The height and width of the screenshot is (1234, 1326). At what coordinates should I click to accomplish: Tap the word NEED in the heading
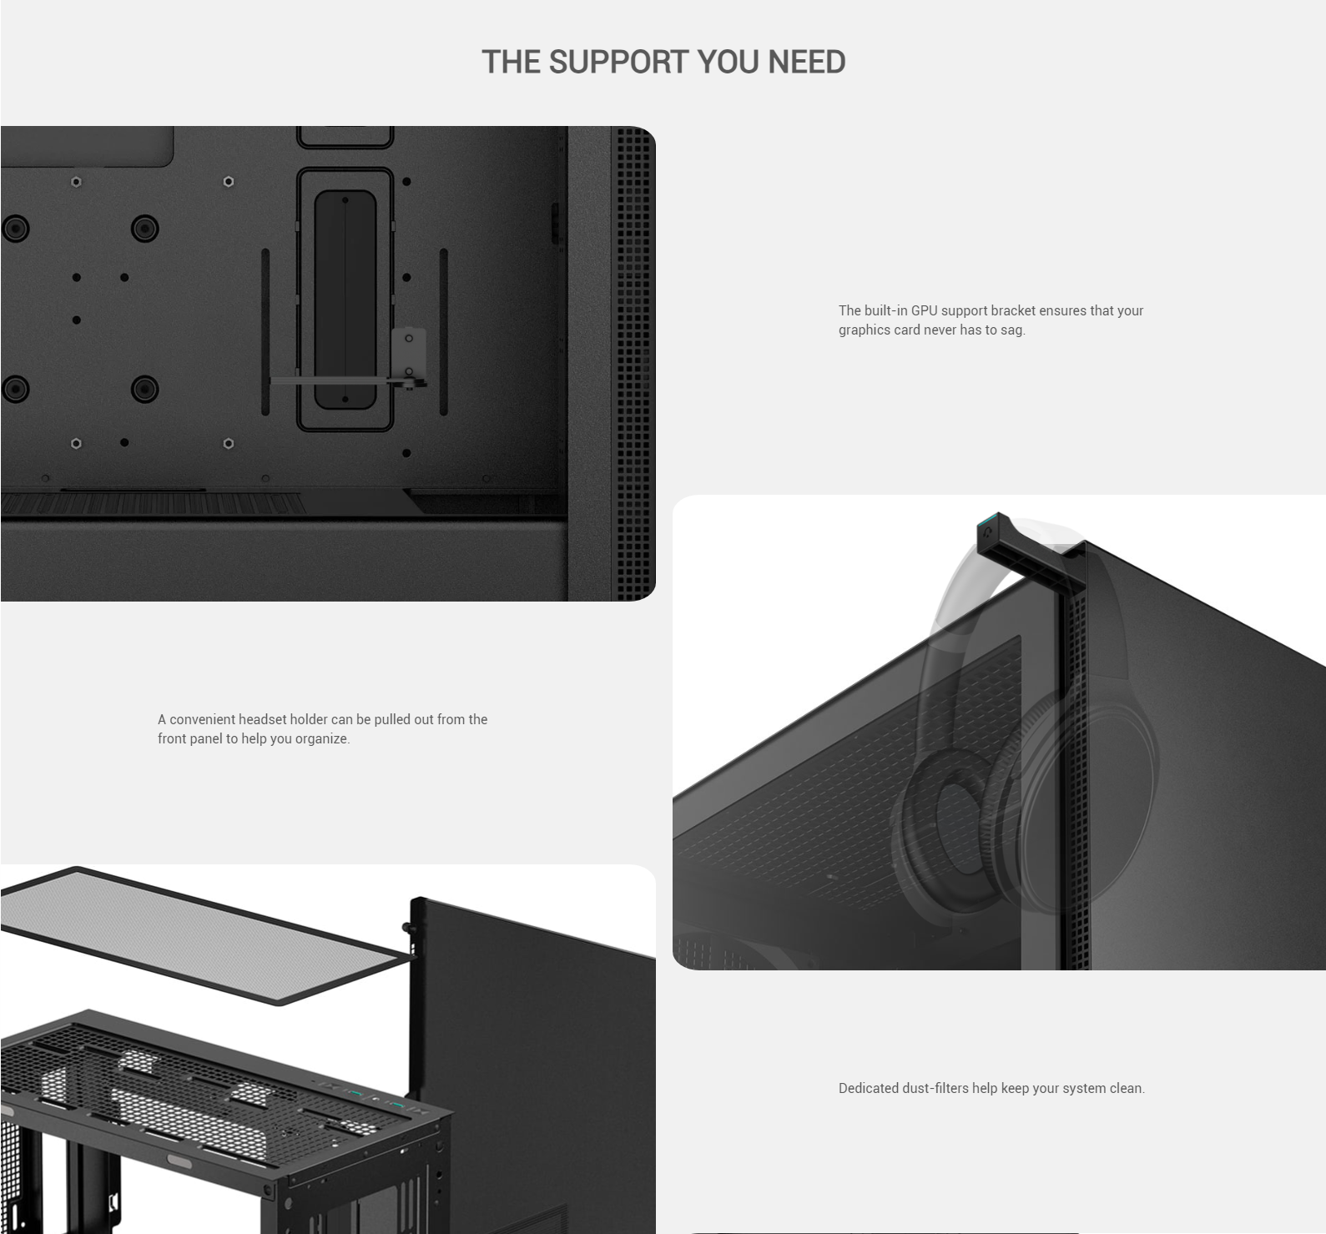(x=806, y=62)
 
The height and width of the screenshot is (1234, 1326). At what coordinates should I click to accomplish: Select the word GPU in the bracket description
(x=924, y=310)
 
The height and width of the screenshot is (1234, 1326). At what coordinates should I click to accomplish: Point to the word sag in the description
(x=1011, y=330)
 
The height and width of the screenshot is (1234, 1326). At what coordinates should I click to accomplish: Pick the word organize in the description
(x=322, y=738)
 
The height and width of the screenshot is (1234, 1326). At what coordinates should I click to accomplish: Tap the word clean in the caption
(x=1127, y=1088)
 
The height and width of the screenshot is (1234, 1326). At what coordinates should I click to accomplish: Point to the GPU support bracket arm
(x=342, y=381)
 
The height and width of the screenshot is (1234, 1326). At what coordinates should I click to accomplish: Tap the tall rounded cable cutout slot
(x=345, y=299)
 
